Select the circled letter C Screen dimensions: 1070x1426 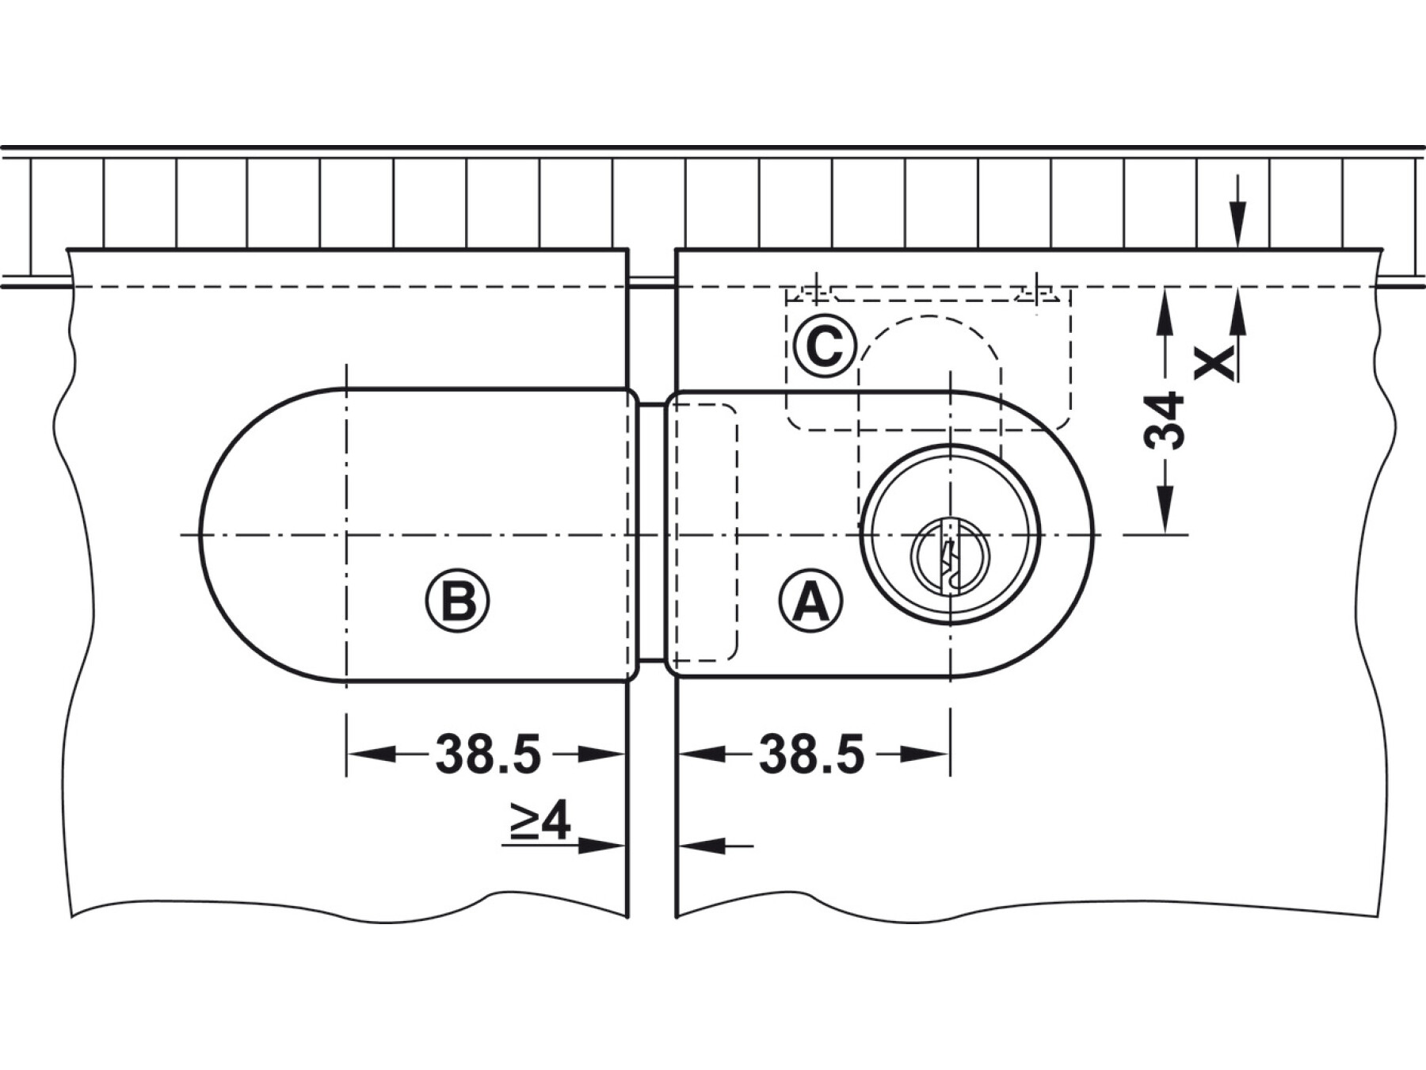[x=825, y=346]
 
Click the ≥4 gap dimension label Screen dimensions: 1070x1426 [x=540, y=821]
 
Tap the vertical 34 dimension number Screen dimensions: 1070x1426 [x=1165, y=419]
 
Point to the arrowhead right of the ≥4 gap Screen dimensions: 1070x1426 [x=701, y=846]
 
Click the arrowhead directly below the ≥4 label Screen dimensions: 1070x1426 [x=601, y=846]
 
